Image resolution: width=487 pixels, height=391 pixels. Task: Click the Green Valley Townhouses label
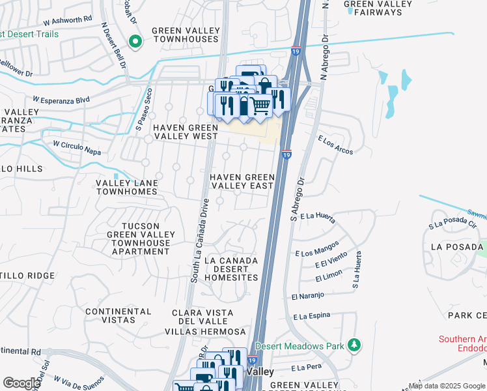click(185, 35)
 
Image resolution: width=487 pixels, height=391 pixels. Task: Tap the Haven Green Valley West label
click(185, 132)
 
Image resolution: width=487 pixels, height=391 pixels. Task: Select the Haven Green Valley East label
click(242, 181)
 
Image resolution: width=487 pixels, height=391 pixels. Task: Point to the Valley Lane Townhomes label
click(126, 188)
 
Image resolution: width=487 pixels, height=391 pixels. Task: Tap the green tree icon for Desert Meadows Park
click(354, 344)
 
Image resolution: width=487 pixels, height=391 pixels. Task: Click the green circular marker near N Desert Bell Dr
click(135, 42)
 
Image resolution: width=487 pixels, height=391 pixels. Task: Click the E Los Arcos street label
click(335, 145)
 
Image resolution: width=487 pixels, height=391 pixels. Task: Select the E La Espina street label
click(312, 316)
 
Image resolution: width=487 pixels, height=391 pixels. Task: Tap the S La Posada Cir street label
click(453, 225)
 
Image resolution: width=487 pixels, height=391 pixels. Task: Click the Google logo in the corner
click(21, 383)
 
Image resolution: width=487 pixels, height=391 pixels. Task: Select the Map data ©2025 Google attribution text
click(446, 386)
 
